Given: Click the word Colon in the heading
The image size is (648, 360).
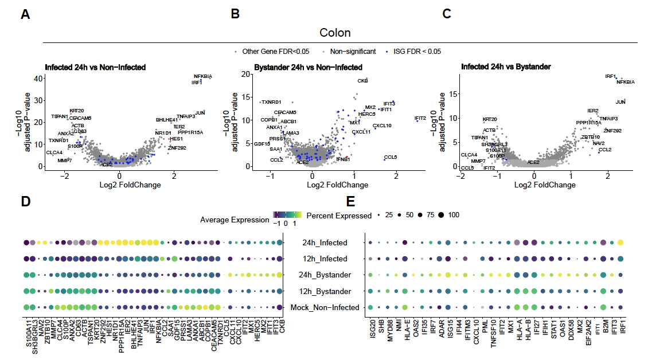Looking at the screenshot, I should [x=335, y=33].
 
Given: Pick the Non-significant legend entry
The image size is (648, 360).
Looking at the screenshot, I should [x=351, y=52].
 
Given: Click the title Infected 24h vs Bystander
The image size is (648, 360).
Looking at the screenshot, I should [x=506, y=67].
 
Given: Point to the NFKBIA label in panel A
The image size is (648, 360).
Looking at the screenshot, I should [x=203, y=76].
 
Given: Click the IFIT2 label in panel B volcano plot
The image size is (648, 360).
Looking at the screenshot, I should [x=420, y=118].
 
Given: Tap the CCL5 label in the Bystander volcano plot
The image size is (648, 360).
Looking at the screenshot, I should [x=391, y=157].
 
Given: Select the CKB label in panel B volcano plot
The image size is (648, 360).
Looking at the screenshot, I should [x=362, y=81].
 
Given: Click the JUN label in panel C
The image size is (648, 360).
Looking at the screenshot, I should [x=620, y=102].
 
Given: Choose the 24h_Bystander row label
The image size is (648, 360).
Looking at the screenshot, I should [x=327, y=275].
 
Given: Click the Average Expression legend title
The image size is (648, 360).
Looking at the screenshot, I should [x=235, y=220].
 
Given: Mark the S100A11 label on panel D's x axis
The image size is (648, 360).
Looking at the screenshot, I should [x=26, y=336].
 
